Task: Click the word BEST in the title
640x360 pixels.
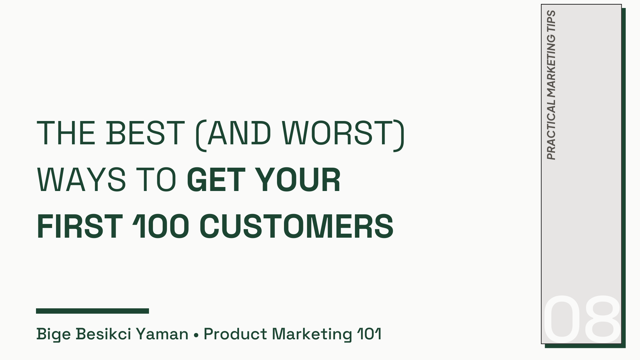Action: click(x=145, y=133)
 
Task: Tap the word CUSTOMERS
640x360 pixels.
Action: click(x=296, y=226)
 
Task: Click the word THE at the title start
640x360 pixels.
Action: click(x=66, y=133)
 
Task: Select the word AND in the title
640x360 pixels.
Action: click(x=239, y=133)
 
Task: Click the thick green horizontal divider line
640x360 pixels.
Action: click(x=92, y=311)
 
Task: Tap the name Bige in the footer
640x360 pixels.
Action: click(x=53, y=334)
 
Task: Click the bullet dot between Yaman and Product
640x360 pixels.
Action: click(x=196, y=334)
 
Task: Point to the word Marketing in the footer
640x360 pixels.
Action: click(x=312, y=334)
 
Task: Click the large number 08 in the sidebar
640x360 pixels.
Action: click(x=582, y=319)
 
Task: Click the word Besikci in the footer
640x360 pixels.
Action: click(x=104, y=334)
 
